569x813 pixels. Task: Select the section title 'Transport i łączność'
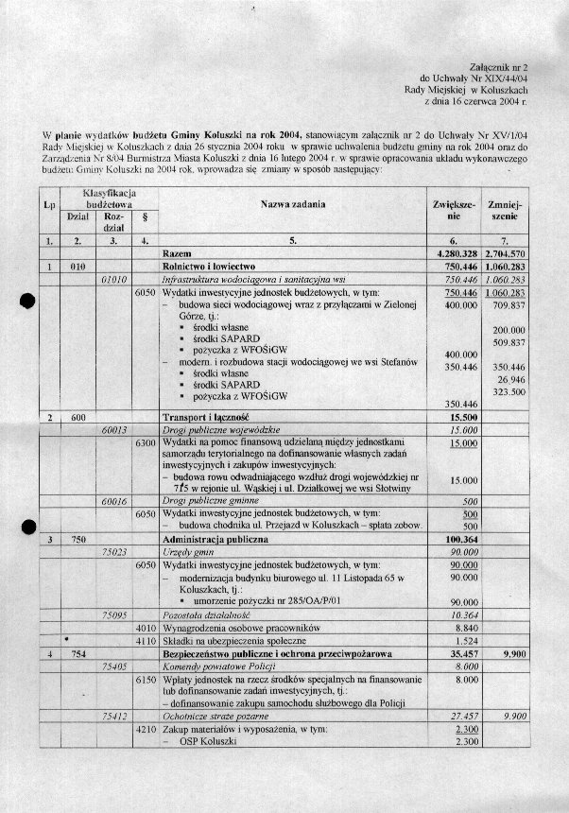[x=206, y=417]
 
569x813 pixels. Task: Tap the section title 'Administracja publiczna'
[x=213, y=540]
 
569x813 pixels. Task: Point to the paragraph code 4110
[x=146, y=640]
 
